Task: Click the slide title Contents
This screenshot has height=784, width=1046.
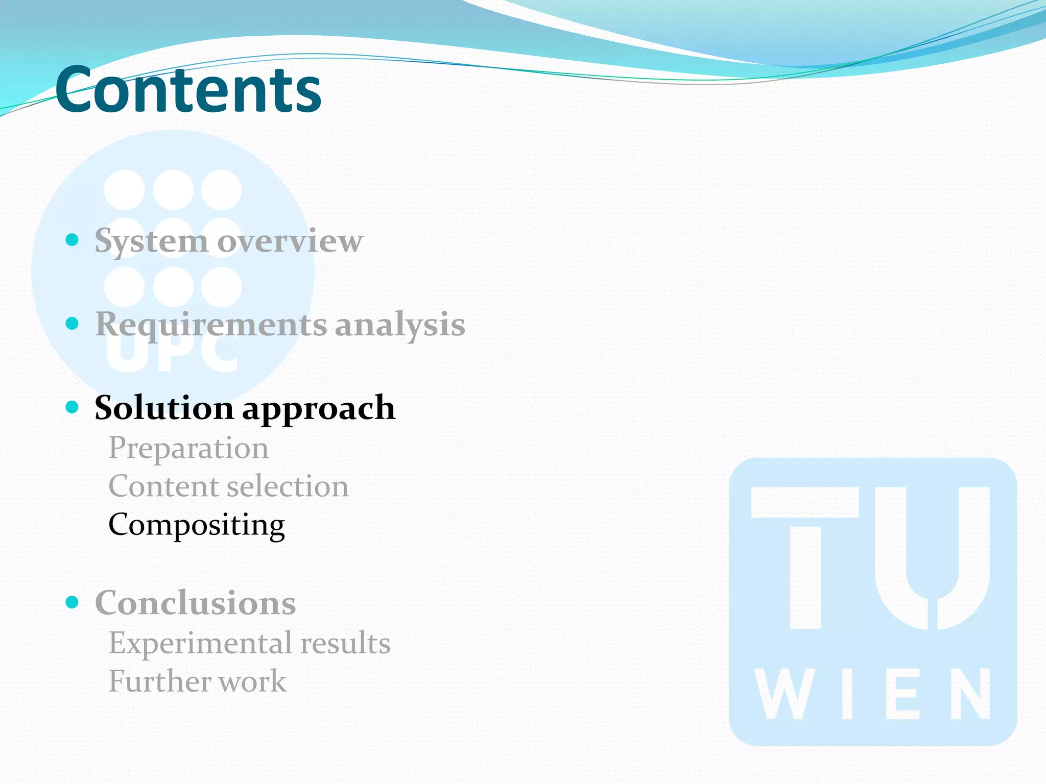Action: [x=188, y=90]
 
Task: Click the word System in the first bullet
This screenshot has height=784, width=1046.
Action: [x=151, y=241]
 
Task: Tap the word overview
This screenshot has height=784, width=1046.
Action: [x=290, y=241]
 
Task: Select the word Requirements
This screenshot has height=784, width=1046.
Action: [x=211, y=325]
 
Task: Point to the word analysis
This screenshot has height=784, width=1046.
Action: [x=400, y=325]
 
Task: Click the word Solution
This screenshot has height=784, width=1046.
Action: [x=164, y=408]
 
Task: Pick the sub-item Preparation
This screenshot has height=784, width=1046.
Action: [x=188, y=449]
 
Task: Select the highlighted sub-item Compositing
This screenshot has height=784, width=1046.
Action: [x=197, y=525]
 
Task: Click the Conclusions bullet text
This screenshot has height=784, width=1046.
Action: [x=195, y=603]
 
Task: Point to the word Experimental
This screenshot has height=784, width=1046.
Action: [x=200, y=643]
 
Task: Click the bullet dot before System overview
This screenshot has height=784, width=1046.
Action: [x=72, y=239]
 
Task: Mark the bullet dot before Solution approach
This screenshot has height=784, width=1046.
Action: [x=72, y=407]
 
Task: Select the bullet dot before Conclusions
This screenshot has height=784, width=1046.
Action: [x=72, y=602]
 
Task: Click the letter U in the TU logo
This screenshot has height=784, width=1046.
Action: [x=932, y=556]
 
